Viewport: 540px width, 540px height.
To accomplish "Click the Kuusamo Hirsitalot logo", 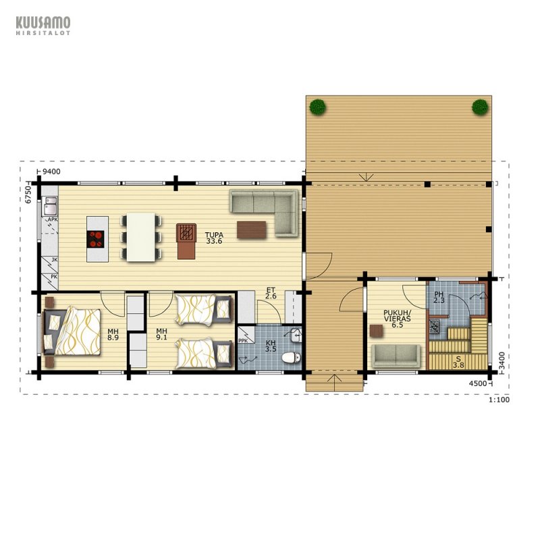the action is pyautogui.click(x=43, y=26).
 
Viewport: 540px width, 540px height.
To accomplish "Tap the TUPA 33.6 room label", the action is pyautogui.click(x=214, y=238).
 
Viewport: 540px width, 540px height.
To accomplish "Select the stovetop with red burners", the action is pyautogui.click(x=95, y=239).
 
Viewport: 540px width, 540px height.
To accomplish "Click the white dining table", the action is pyautogui.click(x=141, y=237).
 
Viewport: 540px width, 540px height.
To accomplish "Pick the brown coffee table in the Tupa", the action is pyautogui.click(x=251, y=230).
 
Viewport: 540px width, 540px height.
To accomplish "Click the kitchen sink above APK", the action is pyautogui.click(x=49, y=206).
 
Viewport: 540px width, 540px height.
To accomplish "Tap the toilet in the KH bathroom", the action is pyautogui.click(x=291, y=357).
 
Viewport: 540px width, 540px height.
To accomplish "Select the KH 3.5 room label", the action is pyautogui.click(x=271, y=346).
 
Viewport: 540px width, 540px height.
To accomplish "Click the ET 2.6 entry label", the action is pyautogui.click(x=271, y=293).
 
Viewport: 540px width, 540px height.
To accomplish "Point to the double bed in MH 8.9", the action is pyautogui.click(x=72, y=331).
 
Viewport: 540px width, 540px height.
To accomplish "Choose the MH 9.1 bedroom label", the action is pyautogui.click(x=161, y=334).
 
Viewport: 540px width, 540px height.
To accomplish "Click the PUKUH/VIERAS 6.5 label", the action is pyautogui.click(x=397, y=319).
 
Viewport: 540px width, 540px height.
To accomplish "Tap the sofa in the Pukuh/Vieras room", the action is pyautogui.click(x=396, y=356).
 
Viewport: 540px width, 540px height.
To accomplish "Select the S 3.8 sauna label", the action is pyautogui.click(x=458, y=362).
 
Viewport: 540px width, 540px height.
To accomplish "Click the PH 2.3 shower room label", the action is pyautogui.click(x=439, y=297).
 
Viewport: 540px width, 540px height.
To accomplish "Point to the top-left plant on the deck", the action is pyautogui.click(x=317, y=107).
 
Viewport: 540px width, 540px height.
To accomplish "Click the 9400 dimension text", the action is pyautogui.click(x=51, y=171).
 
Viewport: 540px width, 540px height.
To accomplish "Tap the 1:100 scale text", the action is pyautogui.click(x=499, y=400).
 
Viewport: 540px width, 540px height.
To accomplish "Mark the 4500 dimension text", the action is pyautogui.click(x=478, y=383).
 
